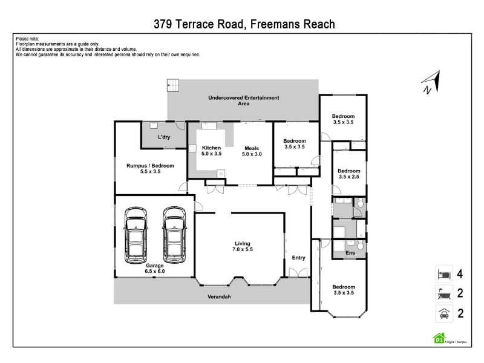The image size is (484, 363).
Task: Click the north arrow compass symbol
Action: click(x=431, y=82)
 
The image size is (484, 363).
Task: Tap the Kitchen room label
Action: click(x=211, y=151)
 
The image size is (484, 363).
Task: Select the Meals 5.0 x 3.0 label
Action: click(x=252, y=151)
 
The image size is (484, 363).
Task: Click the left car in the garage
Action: click(x=136, y=235)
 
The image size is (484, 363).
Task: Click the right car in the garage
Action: click(x=174, y=235)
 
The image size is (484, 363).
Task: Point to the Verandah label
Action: click(x=219, y=296)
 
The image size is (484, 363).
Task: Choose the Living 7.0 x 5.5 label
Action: click(x=243, y=246)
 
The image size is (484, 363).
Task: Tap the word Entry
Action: click(x=298, y=258)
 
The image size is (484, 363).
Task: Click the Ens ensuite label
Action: click(x=350, y=253)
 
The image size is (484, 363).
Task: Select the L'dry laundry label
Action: click(x=164, y=137)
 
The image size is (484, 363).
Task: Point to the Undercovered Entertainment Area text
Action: click(x=244, y=100)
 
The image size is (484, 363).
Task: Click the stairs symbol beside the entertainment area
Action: click(x=173, y=85)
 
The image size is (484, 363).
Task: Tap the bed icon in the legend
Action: click(x=444, y=274)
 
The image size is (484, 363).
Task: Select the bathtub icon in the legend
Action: click(x=444, y=293)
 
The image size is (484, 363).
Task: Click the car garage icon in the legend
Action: click(x=444, y=313)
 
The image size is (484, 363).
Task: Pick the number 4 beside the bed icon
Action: click(x=460, y=274)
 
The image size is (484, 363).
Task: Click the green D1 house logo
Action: click(x=439, y=338)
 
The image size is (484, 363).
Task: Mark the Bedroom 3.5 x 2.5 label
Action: click(x=349, y=174)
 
